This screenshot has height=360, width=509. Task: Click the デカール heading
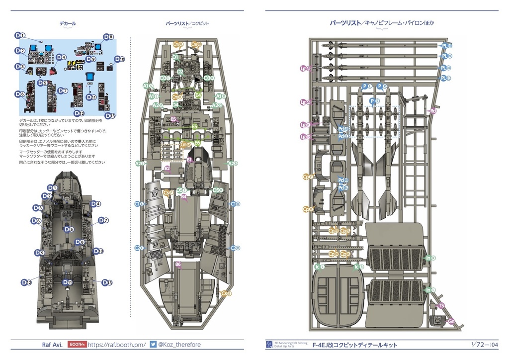click(x=67, y=23)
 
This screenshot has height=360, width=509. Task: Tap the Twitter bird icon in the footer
click(x=153, y=344)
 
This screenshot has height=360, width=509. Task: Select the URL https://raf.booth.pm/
click(x=116, y=344)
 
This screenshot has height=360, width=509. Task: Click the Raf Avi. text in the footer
click(x=52, y=344)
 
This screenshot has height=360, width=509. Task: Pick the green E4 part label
click(x=198, y=94)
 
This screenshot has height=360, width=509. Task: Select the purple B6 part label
click(x=178, y=265)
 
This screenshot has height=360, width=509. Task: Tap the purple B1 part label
click(x=190, y=159)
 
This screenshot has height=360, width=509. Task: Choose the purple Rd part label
click(x=433, y=110)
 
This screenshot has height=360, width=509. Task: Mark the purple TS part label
click(x=441, y=306)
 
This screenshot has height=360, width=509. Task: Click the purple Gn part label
click(x=451, y=321)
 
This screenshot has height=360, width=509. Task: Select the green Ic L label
click(x=319, y=267)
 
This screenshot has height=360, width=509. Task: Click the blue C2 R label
click(x=235, y=248)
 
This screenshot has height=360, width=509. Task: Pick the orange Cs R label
click(x=226, y=294)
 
